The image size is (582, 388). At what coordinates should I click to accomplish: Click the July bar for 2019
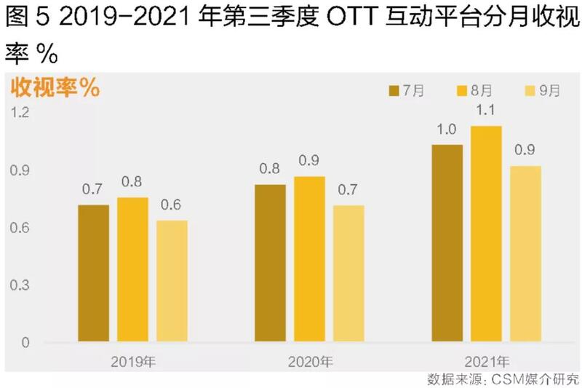(93, 273)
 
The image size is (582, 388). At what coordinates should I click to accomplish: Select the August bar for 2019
(133, 269)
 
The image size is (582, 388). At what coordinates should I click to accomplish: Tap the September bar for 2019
(172, 281)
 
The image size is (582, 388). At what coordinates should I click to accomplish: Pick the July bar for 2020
(270, 263)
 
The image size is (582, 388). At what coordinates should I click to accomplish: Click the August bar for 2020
(309, 258)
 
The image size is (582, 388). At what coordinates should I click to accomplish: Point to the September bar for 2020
(348, 274)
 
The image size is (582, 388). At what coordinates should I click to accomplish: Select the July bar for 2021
(447, 243)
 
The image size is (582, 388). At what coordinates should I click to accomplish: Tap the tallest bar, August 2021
(486, 234)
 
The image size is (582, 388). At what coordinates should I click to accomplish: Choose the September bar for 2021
(525, 253)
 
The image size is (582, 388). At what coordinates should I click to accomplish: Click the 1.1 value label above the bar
(486, 111)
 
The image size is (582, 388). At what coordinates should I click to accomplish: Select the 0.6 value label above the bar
(172, 205)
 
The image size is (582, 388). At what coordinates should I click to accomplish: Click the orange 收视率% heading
(55, 88)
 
